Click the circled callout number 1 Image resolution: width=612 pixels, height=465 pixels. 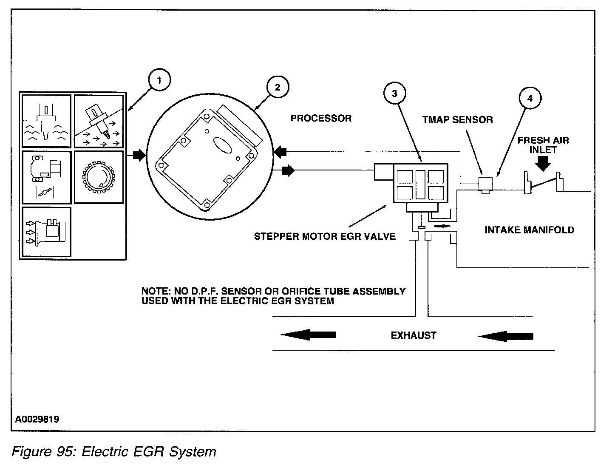(159, 80)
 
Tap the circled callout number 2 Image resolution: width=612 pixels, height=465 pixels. (278, 87)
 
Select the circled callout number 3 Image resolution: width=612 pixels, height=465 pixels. (394, 93)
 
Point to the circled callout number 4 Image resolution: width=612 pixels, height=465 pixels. (530, 98)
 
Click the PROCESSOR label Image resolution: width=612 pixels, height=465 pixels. (321, 118)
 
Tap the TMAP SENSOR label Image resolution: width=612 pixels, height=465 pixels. (458, 119)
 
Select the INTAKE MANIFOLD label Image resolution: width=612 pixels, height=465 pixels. (530, 230)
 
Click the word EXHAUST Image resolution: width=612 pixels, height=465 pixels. (414, 335)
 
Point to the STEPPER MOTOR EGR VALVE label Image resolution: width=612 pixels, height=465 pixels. (325, 236)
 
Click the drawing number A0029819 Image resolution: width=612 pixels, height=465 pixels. (37, 419)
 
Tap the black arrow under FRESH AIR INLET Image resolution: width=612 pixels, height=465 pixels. (543, 164)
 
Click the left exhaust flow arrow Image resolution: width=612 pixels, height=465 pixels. (308, 335)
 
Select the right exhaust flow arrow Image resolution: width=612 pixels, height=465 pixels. (506, 336)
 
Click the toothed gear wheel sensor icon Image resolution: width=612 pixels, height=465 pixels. (99, 177)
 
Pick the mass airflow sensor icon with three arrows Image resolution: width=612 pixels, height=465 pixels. (46, 232)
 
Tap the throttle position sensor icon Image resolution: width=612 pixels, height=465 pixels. (46, 173)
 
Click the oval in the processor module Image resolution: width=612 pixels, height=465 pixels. (222, 145)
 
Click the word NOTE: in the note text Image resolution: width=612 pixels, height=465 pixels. (156, 291)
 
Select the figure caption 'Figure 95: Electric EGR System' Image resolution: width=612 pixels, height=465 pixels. (114, 451)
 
